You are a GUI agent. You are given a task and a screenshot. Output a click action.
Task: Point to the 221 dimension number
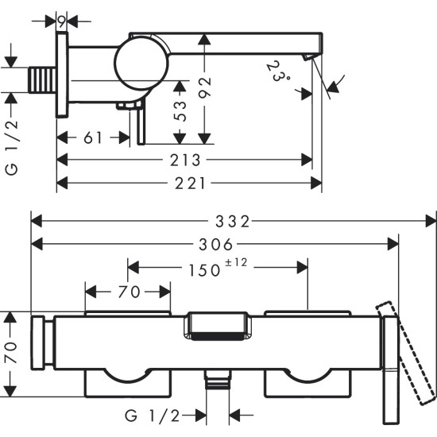pyautogui.click(x=189, y=184)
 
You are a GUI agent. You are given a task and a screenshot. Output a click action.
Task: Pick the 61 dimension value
pyautogui.click(x=94, y=137)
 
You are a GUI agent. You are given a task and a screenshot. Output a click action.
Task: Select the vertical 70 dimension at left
pyautogui.click(x=10, y=353)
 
